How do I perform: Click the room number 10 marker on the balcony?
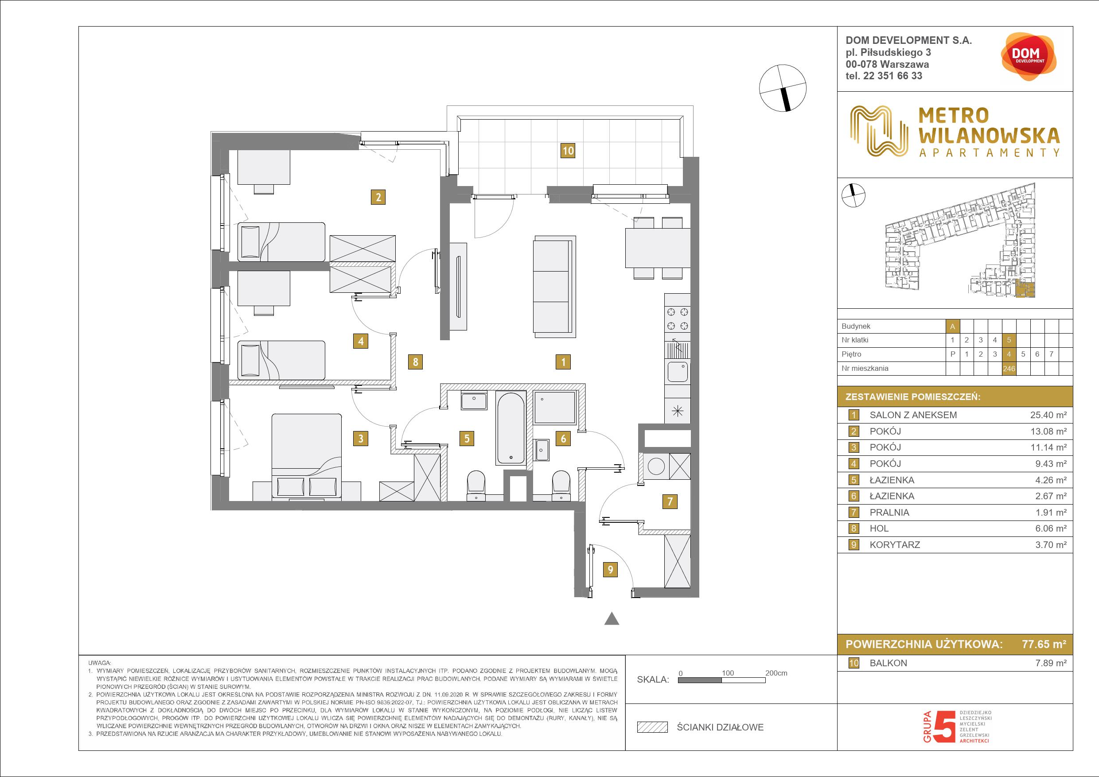point(568,151)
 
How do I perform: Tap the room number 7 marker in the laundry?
point(670,501)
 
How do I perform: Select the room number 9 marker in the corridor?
point(610,570)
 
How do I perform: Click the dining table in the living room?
point(658,248)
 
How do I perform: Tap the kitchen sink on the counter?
point(677,375)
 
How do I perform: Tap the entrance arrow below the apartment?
point(612,619)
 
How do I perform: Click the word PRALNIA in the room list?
point(889,513)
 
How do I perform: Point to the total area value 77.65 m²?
point(1044,644)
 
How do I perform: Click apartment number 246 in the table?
point(1009,369)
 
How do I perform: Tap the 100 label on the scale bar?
point(728,673)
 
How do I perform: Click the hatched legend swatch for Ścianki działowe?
point(652,727)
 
